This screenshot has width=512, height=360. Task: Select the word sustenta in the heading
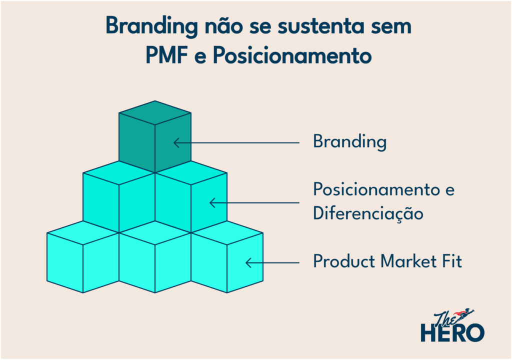tap(321, 26)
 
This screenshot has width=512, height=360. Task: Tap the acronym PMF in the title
tap(166, 55)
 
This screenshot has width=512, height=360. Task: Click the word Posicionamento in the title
tap(292, 55)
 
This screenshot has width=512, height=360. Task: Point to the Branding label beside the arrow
tap(349, 142)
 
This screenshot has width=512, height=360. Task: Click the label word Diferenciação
tap(368, 214)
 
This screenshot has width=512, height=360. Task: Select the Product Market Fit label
tap(387, 261)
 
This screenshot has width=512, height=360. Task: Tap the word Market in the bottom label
tap(408, 261)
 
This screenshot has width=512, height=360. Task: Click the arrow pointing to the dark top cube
tap(236, 143)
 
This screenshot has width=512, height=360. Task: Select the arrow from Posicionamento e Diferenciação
tap(254, 203)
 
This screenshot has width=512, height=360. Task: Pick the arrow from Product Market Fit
tap(272, 262)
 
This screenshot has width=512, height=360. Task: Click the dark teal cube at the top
tap(155, 136)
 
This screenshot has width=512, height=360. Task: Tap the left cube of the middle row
tap(119, 196)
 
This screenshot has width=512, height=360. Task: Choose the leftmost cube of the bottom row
tap(83, 257)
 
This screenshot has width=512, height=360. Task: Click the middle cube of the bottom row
tap(155, 257)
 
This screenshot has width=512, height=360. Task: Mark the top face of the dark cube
tap(155, 112)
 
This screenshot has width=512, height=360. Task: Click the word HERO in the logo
tap(452, 333)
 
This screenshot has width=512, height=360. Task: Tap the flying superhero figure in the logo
tap(463, 313)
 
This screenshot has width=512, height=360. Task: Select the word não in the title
tap(223, 26)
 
